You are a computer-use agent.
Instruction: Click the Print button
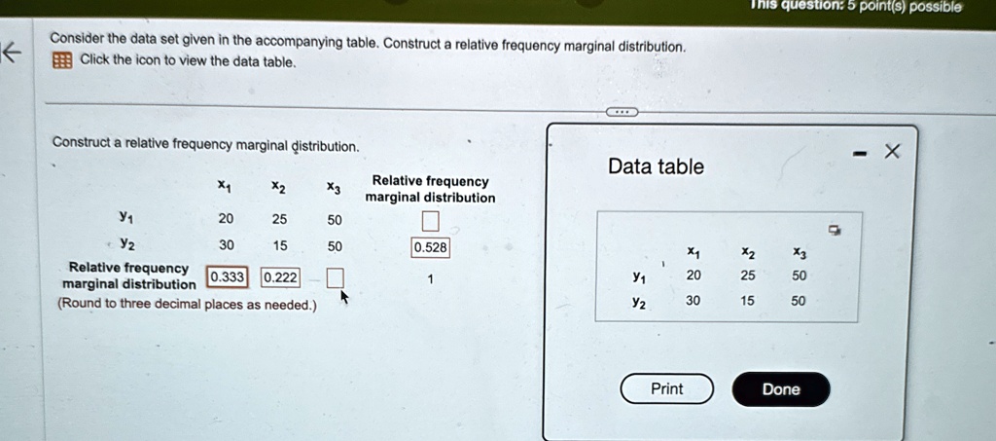pos(667,388)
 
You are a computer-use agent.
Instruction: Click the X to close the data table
pos(893,152)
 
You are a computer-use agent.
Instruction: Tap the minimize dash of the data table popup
pos(860,154)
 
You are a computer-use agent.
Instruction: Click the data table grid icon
pos(61,61)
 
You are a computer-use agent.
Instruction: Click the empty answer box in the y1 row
pos(430,221)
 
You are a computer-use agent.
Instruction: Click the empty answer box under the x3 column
pos(335,278)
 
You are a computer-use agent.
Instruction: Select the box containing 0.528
pos(430,248)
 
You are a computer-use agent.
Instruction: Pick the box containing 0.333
pos(227,277)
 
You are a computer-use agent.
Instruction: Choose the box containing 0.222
pos(280,277)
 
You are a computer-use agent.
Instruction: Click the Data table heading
pos(657,166)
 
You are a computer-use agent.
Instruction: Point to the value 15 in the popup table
pos(748,301)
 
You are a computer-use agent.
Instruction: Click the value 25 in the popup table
pos(748,276)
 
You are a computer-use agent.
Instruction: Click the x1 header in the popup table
pos(694,253)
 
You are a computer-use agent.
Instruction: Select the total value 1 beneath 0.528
pos(430,279)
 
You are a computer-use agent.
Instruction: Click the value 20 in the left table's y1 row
pos(226,219)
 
